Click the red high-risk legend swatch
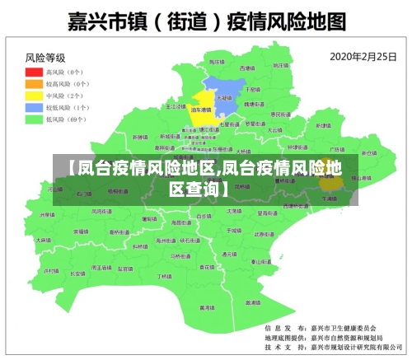[34, 72]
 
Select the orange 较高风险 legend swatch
[34, 83]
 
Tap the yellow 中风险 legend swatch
[34, 96]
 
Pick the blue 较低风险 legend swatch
[34, 107]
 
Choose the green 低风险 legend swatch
[34, 119]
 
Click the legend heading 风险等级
[45, 58]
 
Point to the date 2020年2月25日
[361, 57]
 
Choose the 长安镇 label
[77, 273]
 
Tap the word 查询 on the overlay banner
[195, 189]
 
